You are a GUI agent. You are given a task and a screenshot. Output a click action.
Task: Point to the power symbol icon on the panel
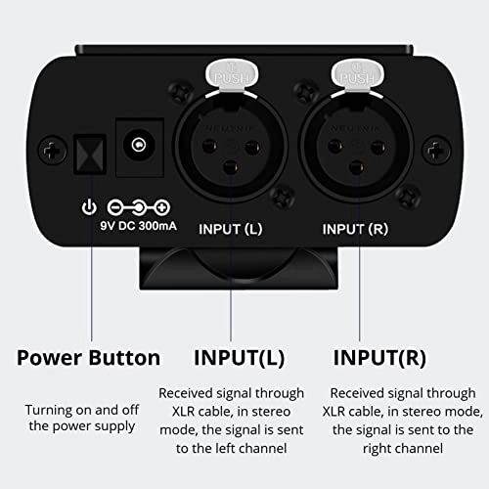(x=89, y=207)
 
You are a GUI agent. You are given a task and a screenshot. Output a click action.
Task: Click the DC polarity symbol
(x=138, y=207)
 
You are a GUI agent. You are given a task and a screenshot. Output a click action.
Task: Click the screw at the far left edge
(x=48, y=151)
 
